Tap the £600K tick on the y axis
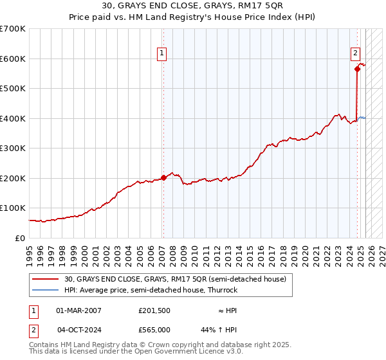coord(13,59)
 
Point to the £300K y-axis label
coord(13,148)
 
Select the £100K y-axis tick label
coord(13,208)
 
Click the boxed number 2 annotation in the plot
coord(355,53)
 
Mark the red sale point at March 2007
coord(163,177)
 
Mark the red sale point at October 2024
coord(357,69)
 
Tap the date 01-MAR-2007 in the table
coord(78,310)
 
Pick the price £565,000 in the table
coord(154,330)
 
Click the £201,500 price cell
coord(154,310)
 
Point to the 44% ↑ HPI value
coord(219,330)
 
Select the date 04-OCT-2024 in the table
coord(78,330)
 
